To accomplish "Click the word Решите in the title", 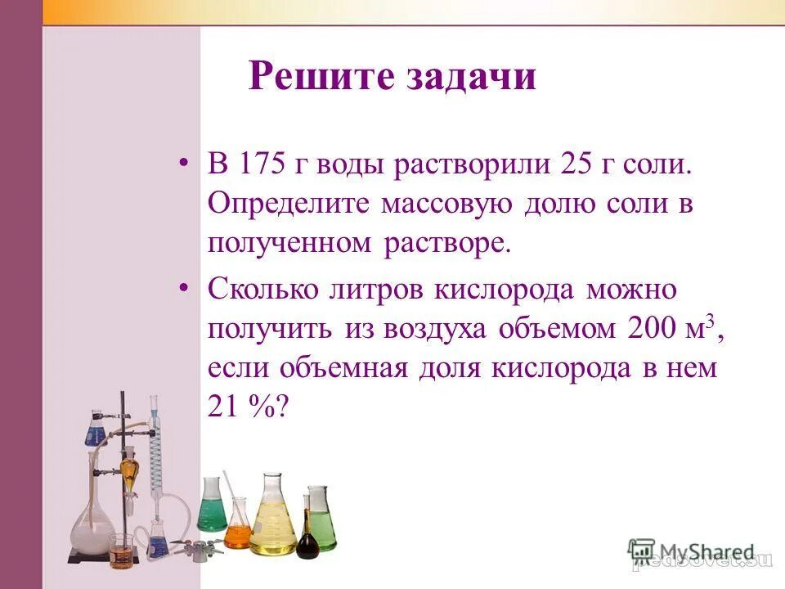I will coord(319,77).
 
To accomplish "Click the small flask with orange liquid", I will coord(238,528).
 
